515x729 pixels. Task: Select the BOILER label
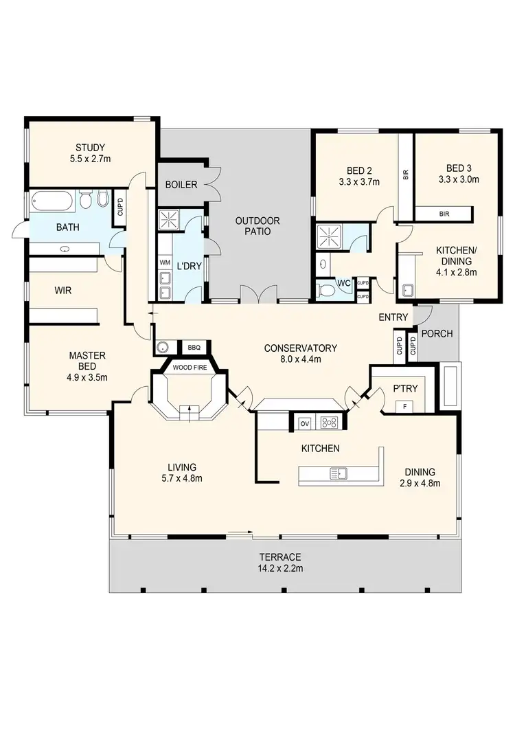(181, 184)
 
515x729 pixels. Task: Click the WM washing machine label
(165, 262)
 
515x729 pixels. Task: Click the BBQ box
(193, 348)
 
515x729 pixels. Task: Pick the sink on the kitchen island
(339, 473)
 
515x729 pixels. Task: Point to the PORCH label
(437, 334)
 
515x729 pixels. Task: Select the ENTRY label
(393, 317)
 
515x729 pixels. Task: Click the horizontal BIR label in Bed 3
(444, 214)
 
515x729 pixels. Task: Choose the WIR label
(63, 291)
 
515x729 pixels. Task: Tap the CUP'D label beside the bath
(121, 207)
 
